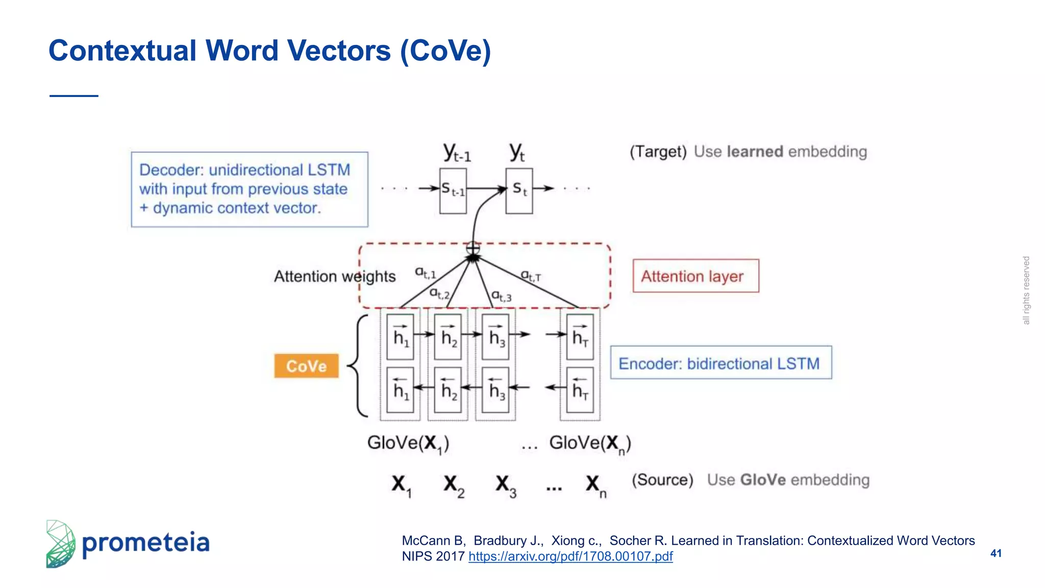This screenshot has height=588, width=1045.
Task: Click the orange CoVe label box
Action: [306, 366]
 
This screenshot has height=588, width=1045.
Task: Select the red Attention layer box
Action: [695, 276]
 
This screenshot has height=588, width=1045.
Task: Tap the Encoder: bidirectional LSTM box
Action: [720, 363]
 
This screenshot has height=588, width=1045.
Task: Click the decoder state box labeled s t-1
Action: [453, 190]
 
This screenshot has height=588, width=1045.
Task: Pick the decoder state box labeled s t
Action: [519, 190]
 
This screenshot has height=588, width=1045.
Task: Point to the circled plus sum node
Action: [473, 249]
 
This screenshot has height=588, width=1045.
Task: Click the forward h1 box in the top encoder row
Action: [401, 337]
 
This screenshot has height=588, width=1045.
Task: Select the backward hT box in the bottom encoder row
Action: [580, 390]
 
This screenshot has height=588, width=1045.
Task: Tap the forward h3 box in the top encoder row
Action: [496, 337]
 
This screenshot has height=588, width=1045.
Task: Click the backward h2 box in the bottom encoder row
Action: [448, 390]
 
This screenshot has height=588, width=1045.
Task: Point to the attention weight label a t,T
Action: [531, 276]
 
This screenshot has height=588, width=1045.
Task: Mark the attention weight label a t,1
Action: [425, 273]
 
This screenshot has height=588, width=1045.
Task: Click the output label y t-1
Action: [457, 153]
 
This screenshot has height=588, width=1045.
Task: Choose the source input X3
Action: [505, 485]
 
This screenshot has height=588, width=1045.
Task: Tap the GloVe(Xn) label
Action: [590, 443]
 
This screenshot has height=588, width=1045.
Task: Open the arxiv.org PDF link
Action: [570, 556]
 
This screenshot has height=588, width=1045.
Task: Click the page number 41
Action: [996, 553]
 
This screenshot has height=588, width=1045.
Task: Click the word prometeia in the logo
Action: [146, 543]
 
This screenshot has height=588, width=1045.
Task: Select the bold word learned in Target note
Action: [755, 152]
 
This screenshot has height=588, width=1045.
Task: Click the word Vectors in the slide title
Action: [339, 51]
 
